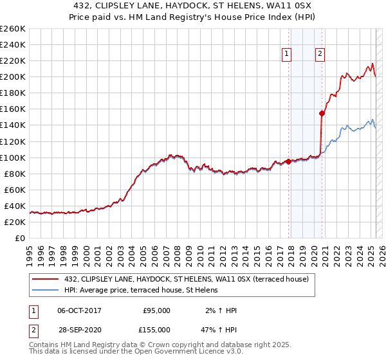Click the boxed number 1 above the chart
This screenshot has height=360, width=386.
click(x=286, y=55)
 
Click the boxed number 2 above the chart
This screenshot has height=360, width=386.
click(x=320, y=55)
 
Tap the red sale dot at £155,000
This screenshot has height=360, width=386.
click(x=322, y=113)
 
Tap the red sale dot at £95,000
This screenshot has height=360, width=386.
click(x=288, y=161)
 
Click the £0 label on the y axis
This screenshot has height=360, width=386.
click(x=19, y=239)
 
